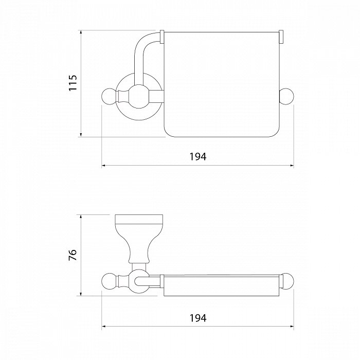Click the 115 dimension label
pos(73,83)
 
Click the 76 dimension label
pos(73,255)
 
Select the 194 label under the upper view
pos(197,156)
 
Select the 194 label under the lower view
pos(197,318)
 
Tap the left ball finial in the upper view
pos(110,96)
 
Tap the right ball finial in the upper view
pos(286,96)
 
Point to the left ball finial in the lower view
pos(110,281)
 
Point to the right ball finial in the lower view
pos(287,281)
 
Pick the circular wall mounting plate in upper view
pos(139,97)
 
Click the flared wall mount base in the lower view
pos(139,239)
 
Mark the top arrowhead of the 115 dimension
pos(81,33)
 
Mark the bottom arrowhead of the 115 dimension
pos(81,134)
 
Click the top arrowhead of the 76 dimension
pos(81,218)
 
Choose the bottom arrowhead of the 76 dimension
pos(81,293)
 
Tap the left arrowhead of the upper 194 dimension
pos(104,165)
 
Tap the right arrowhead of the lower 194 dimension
pos(292,326)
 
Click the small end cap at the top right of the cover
pos(281,37)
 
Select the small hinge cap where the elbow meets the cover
pos(162,37)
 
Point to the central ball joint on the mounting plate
pos(139,97)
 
